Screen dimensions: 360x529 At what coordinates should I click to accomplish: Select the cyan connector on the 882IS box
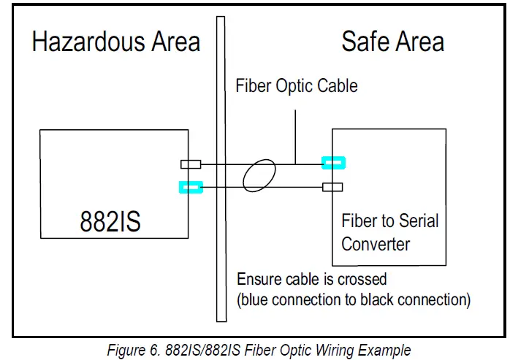click(190, 188)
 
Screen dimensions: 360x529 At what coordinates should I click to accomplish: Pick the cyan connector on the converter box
click(333, 162)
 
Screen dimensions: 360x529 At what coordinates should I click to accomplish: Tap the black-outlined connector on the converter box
click(332, 188)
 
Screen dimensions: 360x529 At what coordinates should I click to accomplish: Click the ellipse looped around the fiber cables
click(260, 176)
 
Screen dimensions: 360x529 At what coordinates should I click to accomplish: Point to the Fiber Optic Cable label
click(296, 86)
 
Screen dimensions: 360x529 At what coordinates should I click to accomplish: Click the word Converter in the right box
click(376, 243)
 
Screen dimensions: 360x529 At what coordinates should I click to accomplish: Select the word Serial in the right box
click(417, 221)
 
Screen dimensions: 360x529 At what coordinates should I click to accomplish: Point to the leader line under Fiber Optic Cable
click(295, 135)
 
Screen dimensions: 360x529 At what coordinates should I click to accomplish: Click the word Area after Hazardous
click(173, 42)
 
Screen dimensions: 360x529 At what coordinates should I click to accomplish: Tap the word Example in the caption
click(386, 350)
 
